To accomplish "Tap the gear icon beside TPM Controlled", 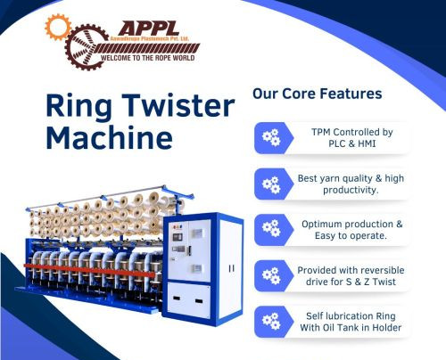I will (269, 137).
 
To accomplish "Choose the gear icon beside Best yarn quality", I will (269, 184).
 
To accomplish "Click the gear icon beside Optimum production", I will (269, 229).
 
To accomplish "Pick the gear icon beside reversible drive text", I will (269, 275).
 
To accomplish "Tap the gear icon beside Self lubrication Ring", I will (269, 322).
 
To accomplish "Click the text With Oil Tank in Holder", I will (350, 329).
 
